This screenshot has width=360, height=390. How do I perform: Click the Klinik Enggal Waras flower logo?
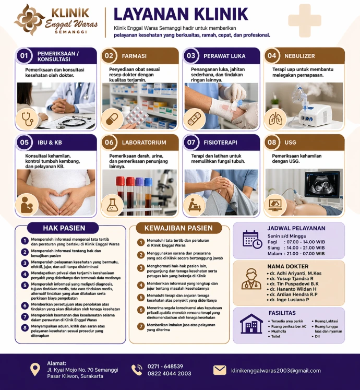pyautogui.click(x=29, y=19)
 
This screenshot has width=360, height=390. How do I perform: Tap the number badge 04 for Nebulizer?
pyautogui.click(x=272, y=55)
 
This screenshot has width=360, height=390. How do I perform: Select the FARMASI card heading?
pyautogui.click(x=134, y=56)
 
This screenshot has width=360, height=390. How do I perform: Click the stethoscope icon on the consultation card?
pyautogui.click(x=27, y=119)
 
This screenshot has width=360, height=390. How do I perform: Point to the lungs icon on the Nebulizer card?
pyautogui.click(x=275, y=119)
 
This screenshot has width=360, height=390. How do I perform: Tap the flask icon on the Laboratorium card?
pyautogui.click(x=112, y=205)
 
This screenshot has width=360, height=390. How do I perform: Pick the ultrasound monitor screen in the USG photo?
pyautogui.click(x=322, y=184)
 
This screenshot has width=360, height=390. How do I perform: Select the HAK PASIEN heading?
pyautogui.click(x=64, y=228)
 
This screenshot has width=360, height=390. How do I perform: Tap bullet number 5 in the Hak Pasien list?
pyautogui.click(x=25, y=285)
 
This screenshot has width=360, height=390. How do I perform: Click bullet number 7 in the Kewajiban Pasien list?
pyautogui.click(x=141, y=326)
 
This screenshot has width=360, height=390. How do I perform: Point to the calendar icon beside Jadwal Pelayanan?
pyautogui.click(x=252, y=240)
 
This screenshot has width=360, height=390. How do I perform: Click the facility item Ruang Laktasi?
pyautogui.click(x=326, y=321)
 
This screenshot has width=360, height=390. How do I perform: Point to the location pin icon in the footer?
pyautogui.click(x=35, y=369)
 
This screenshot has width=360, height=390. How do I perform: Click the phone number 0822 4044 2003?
pyautogui.click(x=170, y=374)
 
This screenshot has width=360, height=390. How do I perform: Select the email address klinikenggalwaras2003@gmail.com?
pyautogui.click(x=276, y=371)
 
